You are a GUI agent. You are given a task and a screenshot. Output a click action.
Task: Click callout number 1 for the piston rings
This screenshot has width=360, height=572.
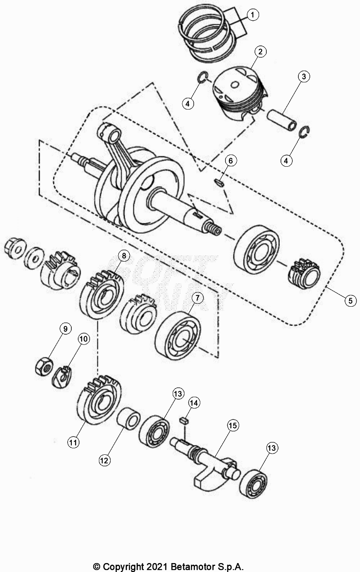[x=252, y=15]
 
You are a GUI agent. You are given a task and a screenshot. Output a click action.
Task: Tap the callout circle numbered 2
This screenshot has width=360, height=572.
[x=260, y=52]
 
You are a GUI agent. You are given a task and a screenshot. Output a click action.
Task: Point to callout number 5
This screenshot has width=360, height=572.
[x=350, y=301]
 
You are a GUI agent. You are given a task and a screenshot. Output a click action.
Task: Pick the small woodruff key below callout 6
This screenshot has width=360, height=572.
[x=220, y=183]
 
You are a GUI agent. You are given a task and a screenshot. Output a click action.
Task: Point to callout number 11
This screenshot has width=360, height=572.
[x=73, y=443]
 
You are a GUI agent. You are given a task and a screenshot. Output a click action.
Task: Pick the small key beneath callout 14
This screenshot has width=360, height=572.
[x=184, y=420]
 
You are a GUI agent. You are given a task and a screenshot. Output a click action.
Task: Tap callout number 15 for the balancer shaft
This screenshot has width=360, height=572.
[x=233, y=426]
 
